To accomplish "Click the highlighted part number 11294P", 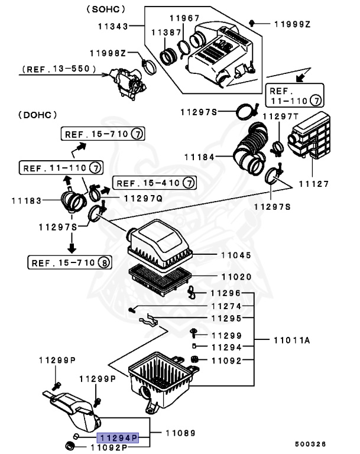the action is pos(118,437).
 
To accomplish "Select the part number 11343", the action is pos(113,27).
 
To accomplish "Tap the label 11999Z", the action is pos(292,24).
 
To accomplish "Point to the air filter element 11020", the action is pos(160,280).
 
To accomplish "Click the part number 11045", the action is pos(236,255).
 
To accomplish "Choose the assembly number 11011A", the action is pos(291,340).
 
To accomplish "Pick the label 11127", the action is pos(314,184).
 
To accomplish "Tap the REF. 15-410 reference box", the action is pos(154,183).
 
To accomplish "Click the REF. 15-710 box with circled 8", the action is pos(70,262).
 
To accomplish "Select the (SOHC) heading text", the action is pos(106,9).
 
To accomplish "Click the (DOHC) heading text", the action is pos(38,115).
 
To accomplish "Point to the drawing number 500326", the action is pos(310,444).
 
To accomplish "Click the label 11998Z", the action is pos(108,53).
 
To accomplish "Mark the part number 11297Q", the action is pos(143,199).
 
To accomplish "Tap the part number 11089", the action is pos(180,433).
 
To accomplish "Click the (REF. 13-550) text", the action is pos(59,69).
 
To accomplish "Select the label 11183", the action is pos(27,200).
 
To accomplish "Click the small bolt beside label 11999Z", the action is pos(252,23).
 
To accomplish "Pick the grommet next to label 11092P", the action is pos(70,445).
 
